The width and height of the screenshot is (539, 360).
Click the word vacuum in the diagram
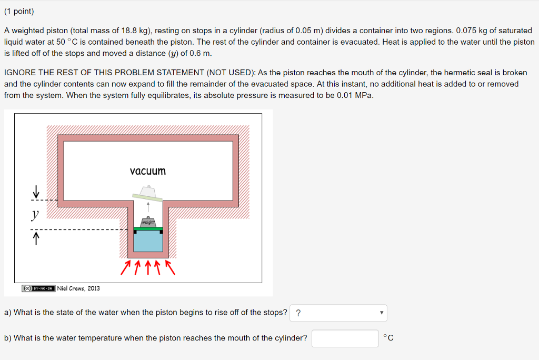point(147,171)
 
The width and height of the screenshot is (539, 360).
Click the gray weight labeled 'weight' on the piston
point(148,222)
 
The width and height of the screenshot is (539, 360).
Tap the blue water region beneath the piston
point(148,242)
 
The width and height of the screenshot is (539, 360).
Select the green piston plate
point(148,228)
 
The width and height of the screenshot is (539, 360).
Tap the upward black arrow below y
point(36,240)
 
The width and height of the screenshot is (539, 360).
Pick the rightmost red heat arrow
point(169,267)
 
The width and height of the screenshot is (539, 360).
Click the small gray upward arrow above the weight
point(148,206)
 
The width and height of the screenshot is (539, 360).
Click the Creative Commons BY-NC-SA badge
point(38,288)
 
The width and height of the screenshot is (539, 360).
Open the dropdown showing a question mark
point(338,313)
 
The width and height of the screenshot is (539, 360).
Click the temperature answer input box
point(345,338)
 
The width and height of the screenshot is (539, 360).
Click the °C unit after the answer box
point(388,338)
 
